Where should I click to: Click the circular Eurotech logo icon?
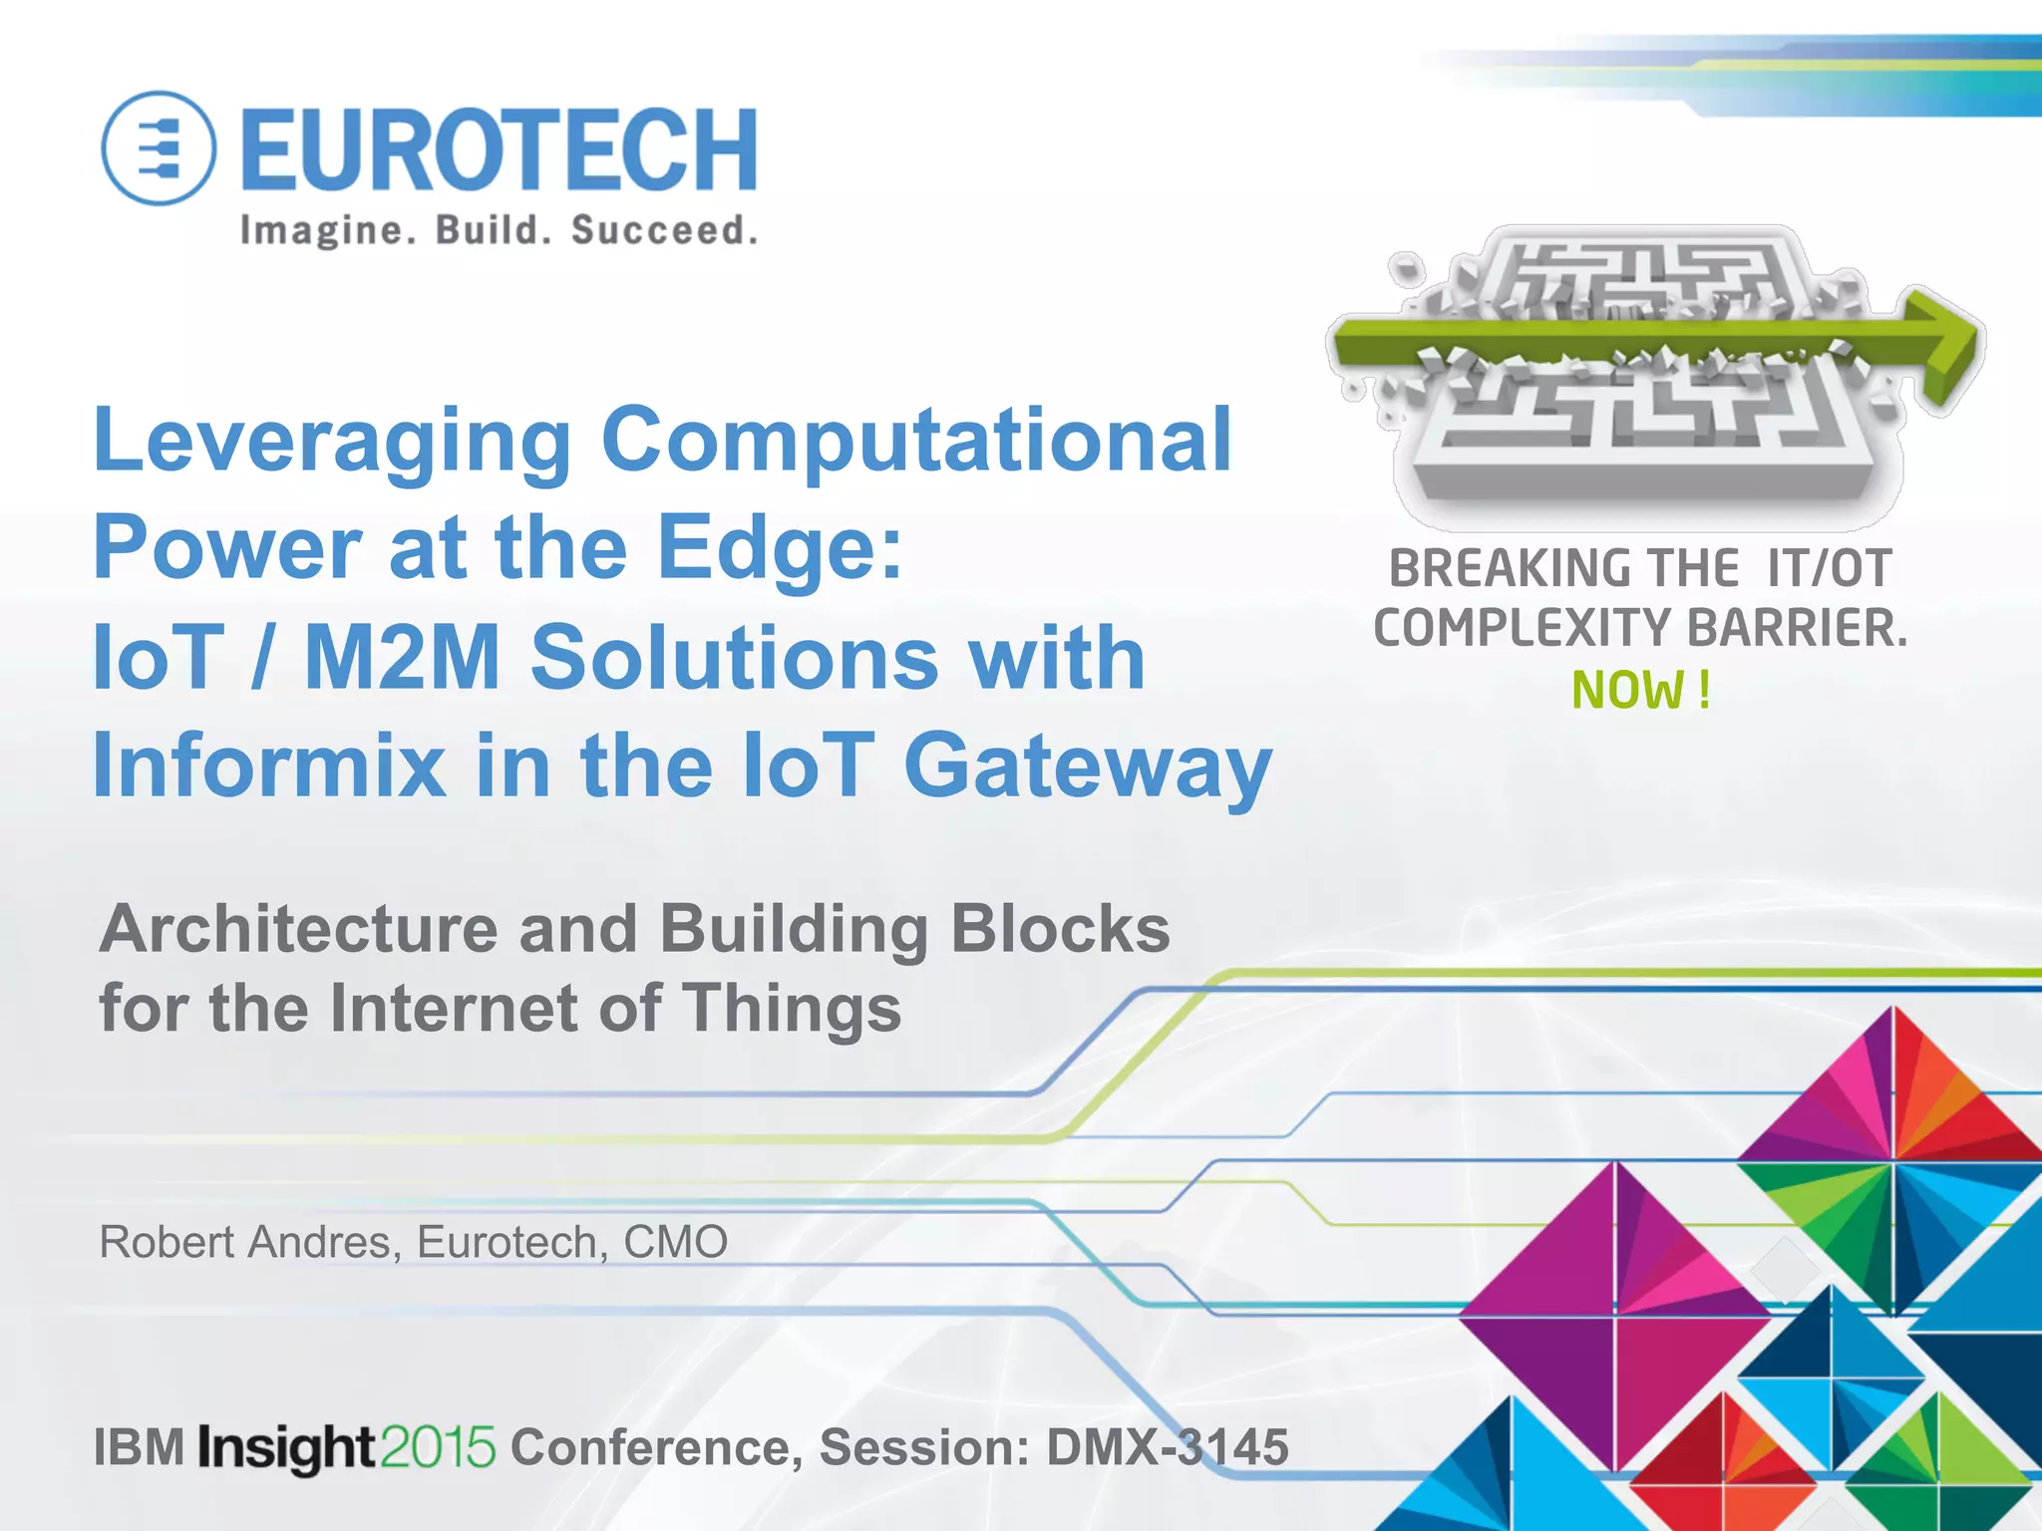coord(159,149)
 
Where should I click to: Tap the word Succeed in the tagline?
coord(664,230)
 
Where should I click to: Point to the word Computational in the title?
coord(916,440)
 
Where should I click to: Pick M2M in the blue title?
coord(402,657)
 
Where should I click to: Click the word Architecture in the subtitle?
coord(298,929)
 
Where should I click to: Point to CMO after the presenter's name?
coord(675,1242)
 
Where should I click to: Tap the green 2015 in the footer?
coord(438,1447)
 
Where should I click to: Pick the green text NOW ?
coord(1641,690)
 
